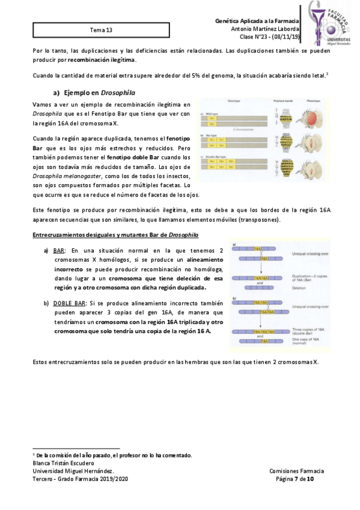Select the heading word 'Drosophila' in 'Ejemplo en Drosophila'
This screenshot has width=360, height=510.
(x=117, y=93)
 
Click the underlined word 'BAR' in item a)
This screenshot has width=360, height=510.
(x=59, y=250)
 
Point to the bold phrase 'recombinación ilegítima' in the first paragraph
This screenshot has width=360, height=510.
(x=102, y=60)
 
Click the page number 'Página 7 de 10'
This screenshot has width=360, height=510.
(x=294, y=479)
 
